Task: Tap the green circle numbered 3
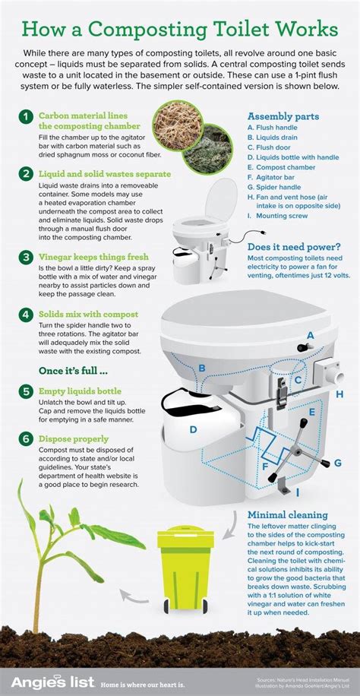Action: coord(26,257)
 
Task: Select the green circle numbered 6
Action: coord(26,438)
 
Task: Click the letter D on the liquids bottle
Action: coord(194,429)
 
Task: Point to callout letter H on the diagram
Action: coord(339,394)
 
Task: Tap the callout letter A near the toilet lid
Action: coord(310,335)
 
